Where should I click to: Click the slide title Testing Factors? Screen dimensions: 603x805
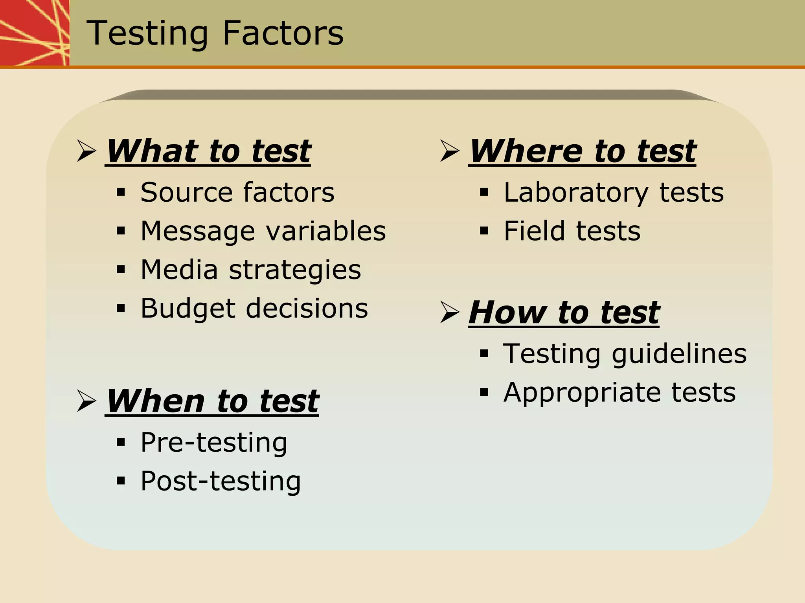[x=215, y=33]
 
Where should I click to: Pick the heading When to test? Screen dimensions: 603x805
[x=212, y=401]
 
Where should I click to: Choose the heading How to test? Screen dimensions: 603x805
[x=564, y=313]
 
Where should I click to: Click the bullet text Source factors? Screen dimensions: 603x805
[x=237, y=193]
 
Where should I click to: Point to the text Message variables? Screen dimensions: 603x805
[x=263, y=231]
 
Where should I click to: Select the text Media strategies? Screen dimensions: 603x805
[x=251, y=270]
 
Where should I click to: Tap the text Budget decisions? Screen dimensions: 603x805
[x=254, y=309]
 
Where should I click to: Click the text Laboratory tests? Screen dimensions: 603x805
[x=614, y=193]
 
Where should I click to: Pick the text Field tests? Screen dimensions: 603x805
[x=572, y=231]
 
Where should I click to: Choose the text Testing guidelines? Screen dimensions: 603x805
[x=625, y=354]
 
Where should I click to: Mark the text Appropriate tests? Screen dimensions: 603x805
[x=619, y=392]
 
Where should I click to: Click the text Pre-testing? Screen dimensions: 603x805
[x=214, y=443]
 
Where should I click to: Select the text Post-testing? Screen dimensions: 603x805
[x=221, y=481]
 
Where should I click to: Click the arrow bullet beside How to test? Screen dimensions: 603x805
[x=450, y=313]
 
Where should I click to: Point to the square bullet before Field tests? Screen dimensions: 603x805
[x=484, y=231]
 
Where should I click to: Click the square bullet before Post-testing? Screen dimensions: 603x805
[x=121, y=481]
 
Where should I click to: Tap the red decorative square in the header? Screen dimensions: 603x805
[x=35, y=32]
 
